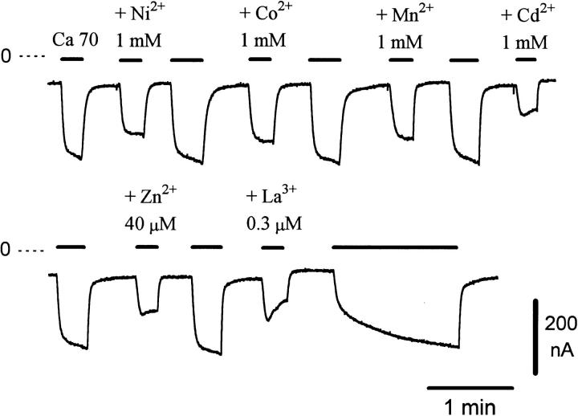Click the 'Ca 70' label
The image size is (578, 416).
click(x=75, y=40)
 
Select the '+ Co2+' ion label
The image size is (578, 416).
click(x=266, y=13)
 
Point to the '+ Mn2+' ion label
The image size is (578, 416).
click(x=405, y=14)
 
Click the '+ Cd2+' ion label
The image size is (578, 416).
click(x=528, y=14)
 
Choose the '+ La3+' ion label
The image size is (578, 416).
click(x=271, y=195)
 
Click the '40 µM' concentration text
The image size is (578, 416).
click(x=150, y=224)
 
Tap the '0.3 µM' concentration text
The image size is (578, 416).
click(x=274, y=223)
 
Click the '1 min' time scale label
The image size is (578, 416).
click(x=470, y=407)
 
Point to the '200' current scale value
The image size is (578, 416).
click(x=560, y=324)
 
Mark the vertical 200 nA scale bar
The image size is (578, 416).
click(x=535, y=337)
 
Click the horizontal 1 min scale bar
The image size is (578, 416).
click(x=470, y=388)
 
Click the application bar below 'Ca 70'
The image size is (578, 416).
click(x=72, y=59)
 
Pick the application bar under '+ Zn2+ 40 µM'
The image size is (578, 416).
click(x=147, y=247)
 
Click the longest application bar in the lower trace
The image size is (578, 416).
click(x=395, y=247)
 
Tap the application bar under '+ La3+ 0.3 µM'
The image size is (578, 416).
click(x=273, y=248)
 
